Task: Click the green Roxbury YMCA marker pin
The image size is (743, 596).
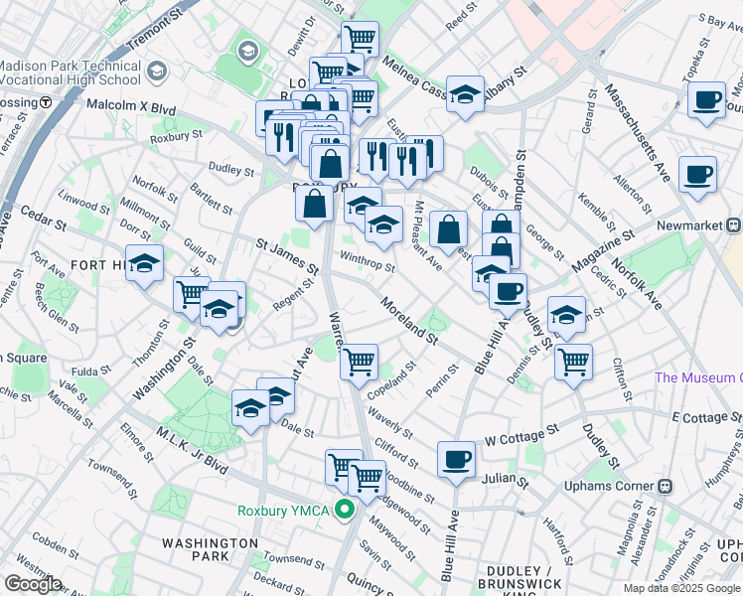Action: coord(345,512)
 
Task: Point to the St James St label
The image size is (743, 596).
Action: coord(287,256)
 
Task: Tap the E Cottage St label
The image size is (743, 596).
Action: coord(708,415)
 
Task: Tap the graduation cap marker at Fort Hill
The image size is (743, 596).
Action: coord(145,264)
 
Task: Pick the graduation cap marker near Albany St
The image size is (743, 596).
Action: coord(465,95)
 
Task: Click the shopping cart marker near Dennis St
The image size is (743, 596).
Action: coord(573,363)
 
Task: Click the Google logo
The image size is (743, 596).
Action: coord(33,584)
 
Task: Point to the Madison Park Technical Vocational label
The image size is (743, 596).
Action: coord(70,73)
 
